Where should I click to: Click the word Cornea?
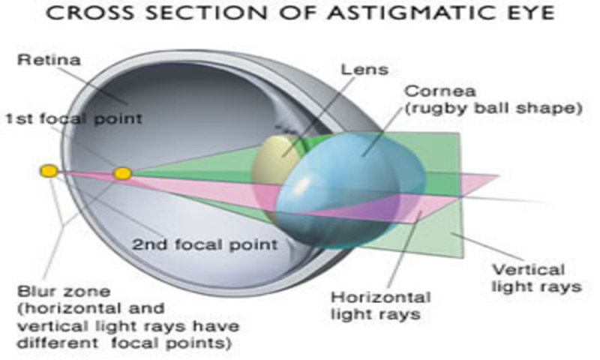(430, 92)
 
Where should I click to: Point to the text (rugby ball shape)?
(493, 109)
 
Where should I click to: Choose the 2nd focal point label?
(204, 244)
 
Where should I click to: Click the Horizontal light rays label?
(380, 305)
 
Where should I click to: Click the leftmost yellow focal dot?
(49, 172)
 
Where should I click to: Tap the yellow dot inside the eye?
(122, 174)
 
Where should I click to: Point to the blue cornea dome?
(352, 180)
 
